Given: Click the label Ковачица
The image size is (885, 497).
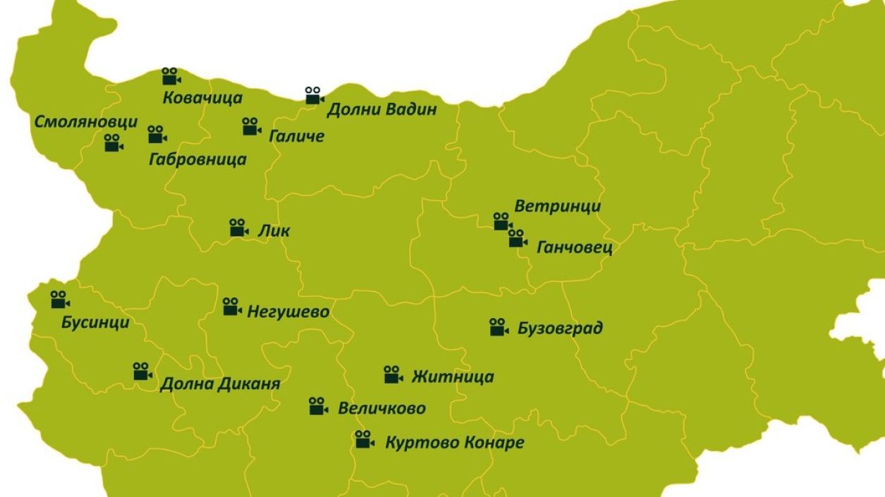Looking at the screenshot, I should tap(202, 98).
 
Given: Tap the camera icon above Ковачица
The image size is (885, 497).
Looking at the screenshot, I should tap(171, 76).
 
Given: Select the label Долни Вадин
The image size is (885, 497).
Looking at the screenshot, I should tap(382, 109).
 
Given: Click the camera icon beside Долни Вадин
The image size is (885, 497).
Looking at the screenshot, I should tap(314, 95).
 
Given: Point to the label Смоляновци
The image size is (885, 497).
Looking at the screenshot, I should tap(86, 122).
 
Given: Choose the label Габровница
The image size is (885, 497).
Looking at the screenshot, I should tap(197, 159).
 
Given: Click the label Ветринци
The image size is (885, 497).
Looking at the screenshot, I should tap(558, 207).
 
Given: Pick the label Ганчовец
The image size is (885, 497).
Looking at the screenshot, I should tap(575, 248).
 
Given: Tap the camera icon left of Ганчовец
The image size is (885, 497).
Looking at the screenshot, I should tap(518, 238).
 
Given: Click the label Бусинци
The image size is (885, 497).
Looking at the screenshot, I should tap(95, 323).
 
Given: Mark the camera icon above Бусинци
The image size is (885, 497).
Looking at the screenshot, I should tap(60, 300).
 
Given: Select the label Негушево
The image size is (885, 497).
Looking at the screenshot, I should tap(288, 312).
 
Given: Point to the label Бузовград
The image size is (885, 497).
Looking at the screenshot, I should tap(560, 329).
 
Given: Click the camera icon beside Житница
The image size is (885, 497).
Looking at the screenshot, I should tap(393, 374).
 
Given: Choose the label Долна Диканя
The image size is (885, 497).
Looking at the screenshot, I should tap(220, 385).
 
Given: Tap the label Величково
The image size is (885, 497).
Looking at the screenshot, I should tap(382, 409).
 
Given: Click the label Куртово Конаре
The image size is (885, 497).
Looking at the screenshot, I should tap(455, 443).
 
